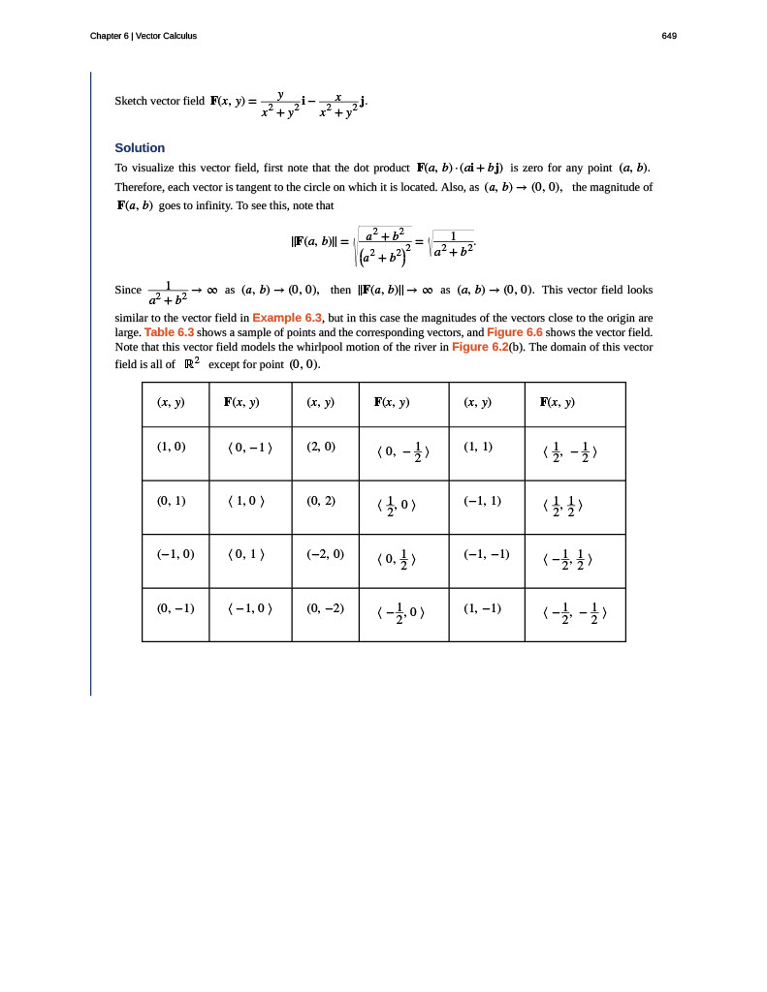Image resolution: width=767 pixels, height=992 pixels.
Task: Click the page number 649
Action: coord(669,36)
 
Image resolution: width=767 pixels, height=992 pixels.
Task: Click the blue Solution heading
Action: coord(140,148)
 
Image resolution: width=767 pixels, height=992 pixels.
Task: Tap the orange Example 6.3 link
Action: coord(287,318)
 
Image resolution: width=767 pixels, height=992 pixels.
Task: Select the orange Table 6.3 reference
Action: coord(169,332)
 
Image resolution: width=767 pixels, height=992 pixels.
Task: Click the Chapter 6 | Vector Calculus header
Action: coord(144,36)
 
